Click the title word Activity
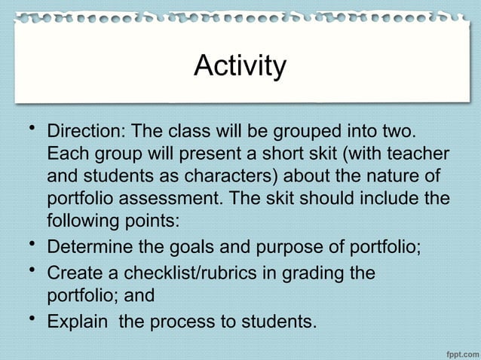(240, 66)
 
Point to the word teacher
(414, 155)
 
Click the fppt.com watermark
(456, 349)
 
